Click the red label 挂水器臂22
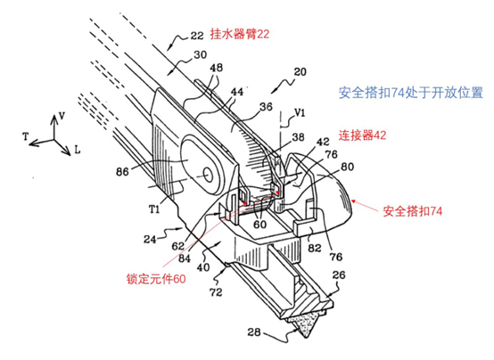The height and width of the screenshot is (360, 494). click(x=240, y=34)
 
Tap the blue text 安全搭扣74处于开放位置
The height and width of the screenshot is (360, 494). click(x=411, y=93)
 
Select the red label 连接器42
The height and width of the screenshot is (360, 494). click(x=362, y=135)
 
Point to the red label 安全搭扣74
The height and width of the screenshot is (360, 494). click(x=412, y=211)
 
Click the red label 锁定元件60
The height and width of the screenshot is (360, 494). click(x=156, y=279)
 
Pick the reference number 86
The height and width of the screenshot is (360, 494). click(x=122, y=172)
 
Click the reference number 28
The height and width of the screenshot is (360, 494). click(x=253, y=332)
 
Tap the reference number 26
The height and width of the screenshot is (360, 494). click(x=339, y=275)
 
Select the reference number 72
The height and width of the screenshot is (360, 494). click(x=216, y=292)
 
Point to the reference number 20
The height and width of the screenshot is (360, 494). click(x=300, y=72)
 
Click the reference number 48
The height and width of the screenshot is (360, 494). click(x=216, y=68)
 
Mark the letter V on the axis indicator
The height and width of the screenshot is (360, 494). click(x=62, y=116)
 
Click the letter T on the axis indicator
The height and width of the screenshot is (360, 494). click(x=26, y=136)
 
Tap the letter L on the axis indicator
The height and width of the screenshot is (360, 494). click(x=78, y=150)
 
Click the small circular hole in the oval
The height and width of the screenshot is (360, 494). click(x=208, y=174)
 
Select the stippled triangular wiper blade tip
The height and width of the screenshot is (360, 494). click(x=301, y=327)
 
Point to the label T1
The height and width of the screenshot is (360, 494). click(x=154, y=209)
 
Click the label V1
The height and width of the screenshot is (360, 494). click(x=300, y=113)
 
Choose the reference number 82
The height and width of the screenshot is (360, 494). click(x=314, y=248)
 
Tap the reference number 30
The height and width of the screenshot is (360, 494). click(x=201, y=55)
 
